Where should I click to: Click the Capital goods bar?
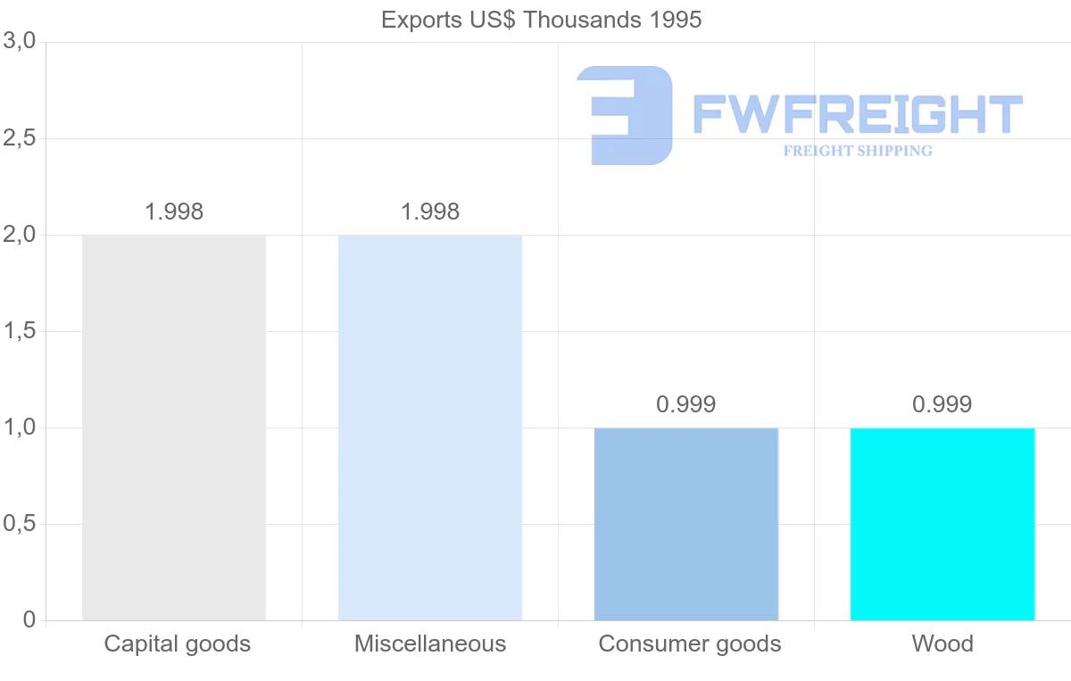point(174,428)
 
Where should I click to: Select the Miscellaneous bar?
point(430,428)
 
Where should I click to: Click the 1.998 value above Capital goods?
point(174,212)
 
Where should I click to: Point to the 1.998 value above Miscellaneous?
point(430,212)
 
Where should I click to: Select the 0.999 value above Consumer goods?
point(686,404)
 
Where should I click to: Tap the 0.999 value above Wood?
point(942,404)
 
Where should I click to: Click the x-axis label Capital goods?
point(178,644)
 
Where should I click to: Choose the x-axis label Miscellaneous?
point(430,644)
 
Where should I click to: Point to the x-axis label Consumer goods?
point(690,644)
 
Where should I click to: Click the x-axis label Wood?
point(942,644)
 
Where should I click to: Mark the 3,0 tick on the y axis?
point(20,41)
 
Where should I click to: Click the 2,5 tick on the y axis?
point(20,138)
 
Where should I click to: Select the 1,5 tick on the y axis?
point(20,331)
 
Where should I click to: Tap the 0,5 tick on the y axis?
point(20,524)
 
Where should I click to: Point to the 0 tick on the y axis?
point(29,620)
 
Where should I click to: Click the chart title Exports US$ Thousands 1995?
point(542,20)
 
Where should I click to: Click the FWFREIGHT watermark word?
point(857,114)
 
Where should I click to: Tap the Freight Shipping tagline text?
point(858,151)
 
